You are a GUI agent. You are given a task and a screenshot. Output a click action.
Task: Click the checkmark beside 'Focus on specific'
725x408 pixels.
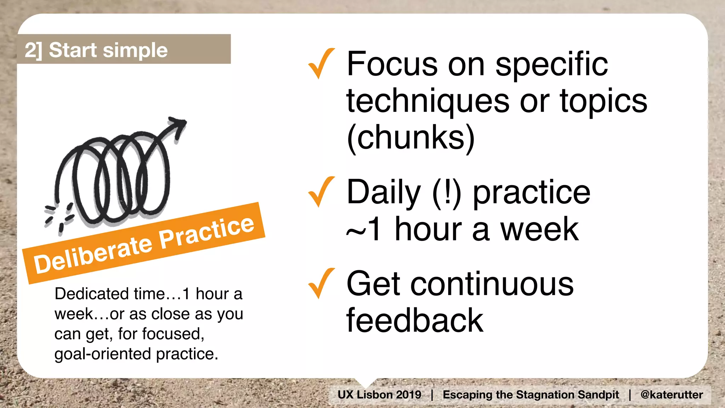320,64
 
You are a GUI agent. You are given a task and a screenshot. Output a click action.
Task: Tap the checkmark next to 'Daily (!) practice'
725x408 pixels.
320,192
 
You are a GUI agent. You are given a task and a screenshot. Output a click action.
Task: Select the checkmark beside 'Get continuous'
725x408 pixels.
320,283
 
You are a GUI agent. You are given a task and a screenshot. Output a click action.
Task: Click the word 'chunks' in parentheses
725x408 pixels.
411,137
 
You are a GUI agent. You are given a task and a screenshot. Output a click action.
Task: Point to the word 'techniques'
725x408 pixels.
428,102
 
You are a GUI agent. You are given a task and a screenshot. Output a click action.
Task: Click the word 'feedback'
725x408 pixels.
415,321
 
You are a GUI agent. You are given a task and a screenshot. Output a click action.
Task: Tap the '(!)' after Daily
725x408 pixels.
447,193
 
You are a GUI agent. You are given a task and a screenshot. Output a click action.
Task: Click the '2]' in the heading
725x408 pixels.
33,50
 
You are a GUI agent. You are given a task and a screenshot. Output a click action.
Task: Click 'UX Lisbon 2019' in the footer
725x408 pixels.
379,395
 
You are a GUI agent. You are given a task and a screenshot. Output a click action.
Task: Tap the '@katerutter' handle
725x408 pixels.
672,395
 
